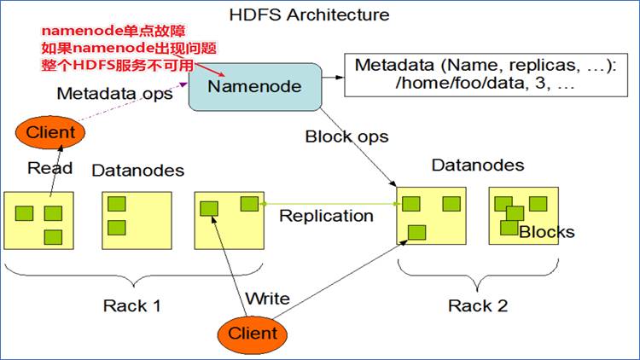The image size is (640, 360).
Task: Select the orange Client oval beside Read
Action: point(50,132)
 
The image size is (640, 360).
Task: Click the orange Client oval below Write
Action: point(253,333)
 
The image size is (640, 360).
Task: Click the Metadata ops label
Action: point(114,94)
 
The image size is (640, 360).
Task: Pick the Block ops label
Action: point(346,136)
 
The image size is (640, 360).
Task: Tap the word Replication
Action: point(326,216)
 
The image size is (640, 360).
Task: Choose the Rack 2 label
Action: point(479,305)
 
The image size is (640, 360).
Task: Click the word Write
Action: point(267,299)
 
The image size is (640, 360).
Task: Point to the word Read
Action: point(49,168)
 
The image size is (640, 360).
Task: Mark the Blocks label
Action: point(547,232)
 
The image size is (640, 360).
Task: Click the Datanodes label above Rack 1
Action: point(137,171)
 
